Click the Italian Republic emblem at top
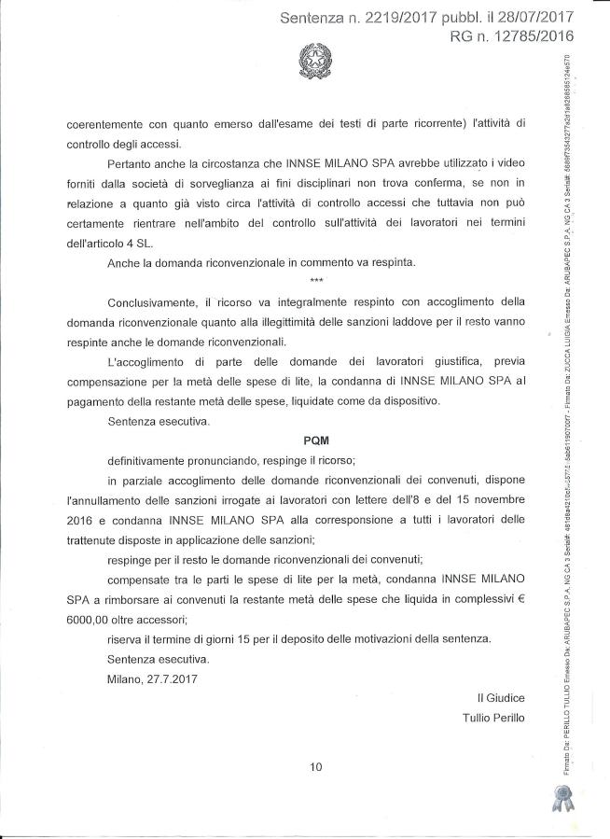point(313,63)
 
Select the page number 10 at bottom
point(315,767)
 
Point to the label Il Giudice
point(501,698)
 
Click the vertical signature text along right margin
point(569,420)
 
